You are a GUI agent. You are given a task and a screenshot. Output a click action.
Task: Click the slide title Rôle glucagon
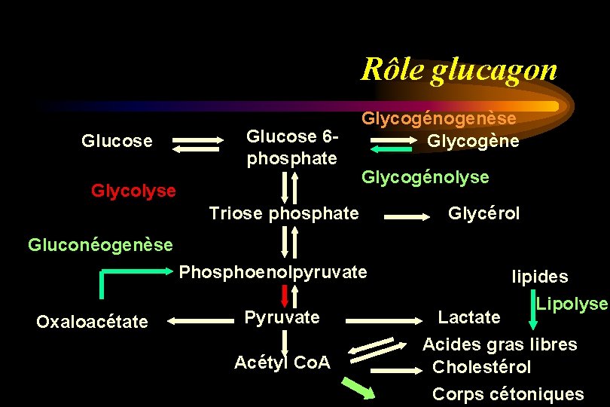tap(459, 69)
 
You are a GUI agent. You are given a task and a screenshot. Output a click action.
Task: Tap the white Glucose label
tap(117, 141)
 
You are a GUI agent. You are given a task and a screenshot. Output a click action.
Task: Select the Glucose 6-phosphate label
tap(291, 148)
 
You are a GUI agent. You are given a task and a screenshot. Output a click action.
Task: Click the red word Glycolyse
tap(133, 191)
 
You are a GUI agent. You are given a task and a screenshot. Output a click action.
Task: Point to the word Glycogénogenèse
tap(439, 118)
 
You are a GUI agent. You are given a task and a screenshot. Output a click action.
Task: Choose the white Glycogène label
tap(473, 141)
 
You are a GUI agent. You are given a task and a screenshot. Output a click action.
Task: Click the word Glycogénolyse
tap(425, 177)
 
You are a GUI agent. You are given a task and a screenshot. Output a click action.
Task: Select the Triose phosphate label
tap(284, 213)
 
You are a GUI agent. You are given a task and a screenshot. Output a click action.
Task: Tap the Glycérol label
tap(483, 213)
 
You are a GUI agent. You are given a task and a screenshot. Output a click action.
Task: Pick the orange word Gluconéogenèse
tap(100, 244)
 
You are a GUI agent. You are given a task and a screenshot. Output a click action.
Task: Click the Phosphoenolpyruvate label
tap(273, 271)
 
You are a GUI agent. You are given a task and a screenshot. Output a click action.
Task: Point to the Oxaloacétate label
tap(92, 322)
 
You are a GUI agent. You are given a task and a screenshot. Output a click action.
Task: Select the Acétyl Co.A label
tap(282, 363)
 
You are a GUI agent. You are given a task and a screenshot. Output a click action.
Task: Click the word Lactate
tap(469, 317)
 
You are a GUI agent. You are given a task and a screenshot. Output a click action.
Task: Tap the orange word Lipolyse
tap(572, 304)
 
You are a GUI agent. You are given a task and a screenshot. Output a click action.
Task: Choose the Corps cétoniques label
tap(508, 393)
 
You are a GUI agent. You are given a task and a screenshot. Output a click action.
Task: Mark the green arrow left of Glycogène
tap(391, 150)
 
